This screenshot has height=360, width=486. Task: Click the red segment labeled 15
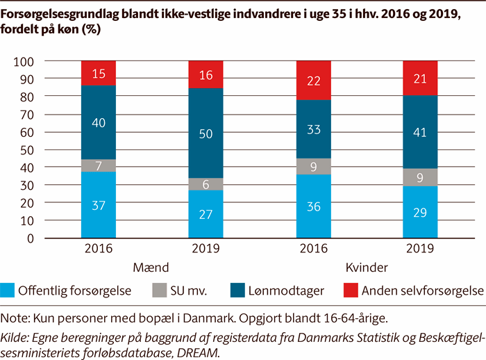tap(99, 74)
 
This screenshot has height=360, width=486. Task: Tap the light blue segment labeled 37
tap(99, 205)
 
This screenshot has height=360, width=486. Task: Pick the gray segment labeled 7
tap(99, 165)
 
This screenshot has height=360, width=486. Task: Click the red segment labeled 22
tap(313, 81)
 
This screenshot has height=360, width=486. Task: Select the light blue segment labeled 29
tap(420, 212)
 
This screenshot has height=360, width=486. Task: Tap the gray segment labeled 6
tap(206, 184)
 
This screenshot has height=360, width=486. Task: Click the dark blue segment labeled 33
tap(313, 129)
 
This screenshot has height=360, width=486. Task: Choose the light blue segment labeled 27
tap(206, 214)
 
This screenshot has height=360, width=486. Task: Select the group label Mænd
tap(151, 267)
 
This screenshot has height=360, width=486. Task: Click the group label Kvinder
tap(366, 267)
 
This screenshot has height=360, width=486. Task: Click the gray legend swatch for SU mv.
tap(158, 291)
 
